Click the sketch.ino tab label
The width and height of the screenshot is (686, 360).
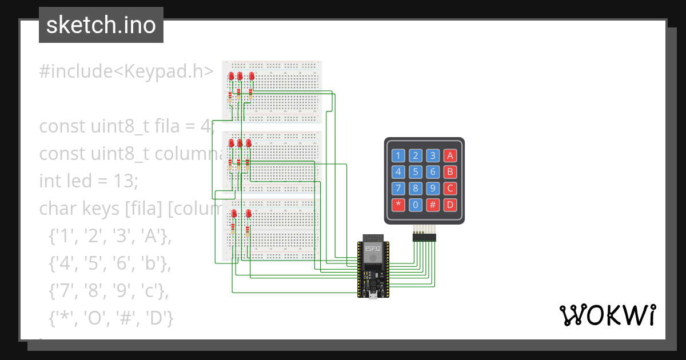pos(101,25)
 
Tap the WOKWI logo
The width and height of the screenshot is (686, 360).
pos(607,315)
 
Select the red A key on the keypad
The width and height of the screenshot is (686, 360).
pos(450,155)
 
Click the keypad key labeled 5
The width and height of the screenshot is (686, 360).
pos(416,172)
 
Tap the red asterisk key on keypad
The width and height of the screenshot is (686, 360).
pos(399,205)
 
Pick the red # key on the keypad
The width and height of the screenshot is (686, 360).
pos(433,205)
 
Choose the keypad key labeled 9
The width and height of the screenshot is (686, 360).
pos(433,188)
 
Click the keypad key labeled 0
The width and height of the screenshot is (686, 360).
pos(416,205)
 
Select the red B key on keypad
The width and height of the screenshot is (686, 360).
pos(450,172)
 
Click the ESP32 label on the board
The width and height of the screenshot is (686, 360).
pos(373,248)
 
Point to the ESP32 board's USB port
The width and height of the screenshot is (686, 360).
pos(373,294)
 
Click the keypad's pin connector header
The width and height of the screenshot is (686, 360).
pos(424,237)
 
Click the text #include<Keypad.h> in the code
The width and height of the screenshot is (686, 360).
pos(126,71)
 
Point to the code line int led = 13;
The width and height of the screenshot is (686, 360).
pos(89,181)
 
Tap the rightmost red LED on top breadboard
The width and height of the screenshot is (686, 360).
pos(252,76)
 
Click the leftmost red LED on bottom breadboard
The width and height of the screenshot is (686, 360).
pos(234,214)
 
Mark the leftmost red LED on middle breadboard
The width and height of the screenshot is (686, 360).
pos(231,143)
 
